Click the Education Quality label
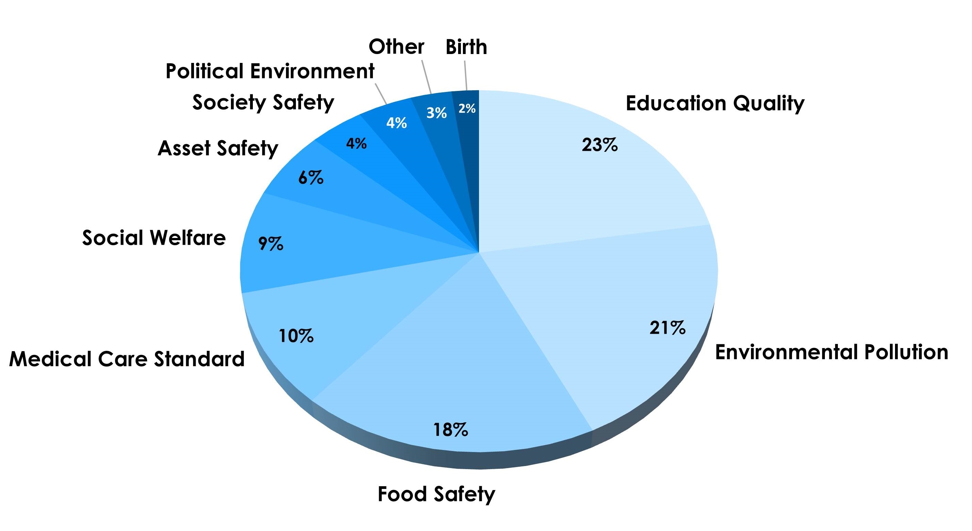click(715, 103)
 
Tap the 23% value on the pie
click(599, 145)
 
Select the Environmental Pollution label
click(831, 352)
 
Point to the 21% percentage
click(667, 327)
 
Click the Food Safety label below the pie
click(436, 494)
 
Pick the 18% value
click(451, 429)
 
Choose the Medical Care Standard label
click(127, 359)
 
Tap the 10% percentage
click(296, 336)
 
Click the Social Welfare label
click(154, 238)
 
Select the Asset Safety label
click(218, 148)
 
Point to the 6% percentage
click(311, 178)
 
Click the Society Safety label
click(263, 102)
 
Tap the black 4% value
click(356, 143)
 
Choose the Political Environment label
click(270, 71)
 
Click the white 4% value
click(396, 122)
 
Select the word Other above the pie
click(396, 47)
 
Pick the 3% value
click(437, 113)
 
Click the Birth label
click(466, 47)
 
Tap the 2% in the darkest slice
click(467, 109)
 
